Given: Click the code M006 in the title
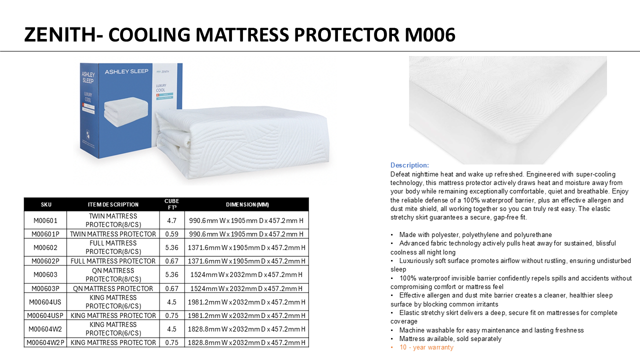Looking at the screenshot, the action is [x=430, y=35].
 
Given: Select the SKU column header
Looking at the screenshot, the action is [x=46, y=204].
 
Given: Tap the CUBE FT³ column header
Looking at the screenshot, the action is [x=171, y=204].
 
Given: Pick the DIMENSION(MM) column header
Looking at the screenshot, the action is [x=247, y=204].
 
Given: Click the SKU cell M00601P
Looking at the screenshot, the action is [x=45, y=234].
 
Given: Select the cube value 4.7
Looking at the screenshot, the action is [x=171, y=220].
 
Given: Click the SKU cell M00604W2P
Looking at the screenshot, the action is [x=45, y=342].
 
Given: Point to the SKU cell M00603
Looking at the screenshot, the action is [x=45, y=274].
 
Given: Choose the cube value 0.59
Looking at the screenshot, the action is [x=171, y=234].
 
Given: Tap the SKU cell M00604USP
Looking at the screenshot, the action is [x=45, y=315].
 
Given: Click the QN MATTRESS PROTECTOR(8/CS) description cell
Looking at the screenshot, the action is [x=113, y=274].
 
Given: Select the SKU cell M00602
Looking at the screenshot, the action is [x=45, y=247].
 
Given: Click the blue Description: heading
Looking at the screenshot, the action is [x=409, y=165].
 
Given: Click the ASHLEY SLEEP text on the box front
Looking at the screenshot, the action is [x=126, y=71].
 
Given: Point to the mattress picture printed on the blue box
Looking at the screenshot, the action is [x=126, y=111].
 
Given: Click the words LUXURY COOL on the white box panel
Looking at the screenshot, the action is [x=161, y=87].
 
